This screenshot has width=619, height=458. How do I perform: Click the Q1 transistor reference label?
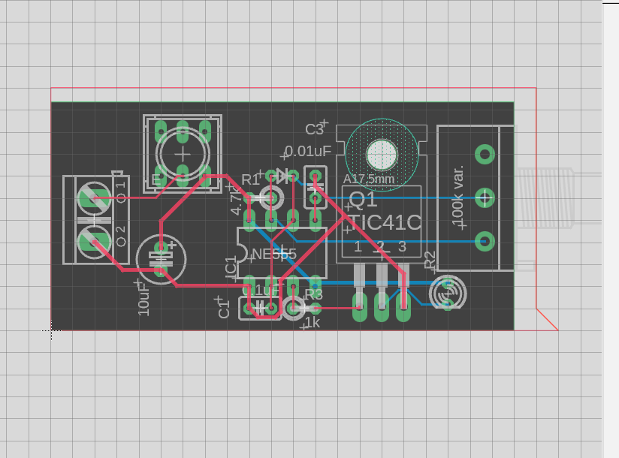point(364,200)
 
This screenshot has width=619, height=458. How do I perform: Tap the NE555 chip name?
point(274,254)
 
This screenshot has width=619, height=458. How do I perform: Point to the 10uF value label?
point(143,298)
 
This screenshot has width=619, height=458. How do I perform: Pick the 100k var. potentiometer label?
point(457,197)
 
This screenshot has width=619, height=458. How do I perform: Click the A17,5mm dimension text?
point(368,179)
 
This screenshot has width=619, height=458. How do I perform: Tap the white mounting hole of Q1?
point(382,155)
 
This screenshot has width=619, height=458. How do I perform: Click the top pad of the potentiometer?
point(486,155)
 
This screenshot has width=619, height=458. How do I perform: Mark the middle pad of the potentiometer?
point(486,197)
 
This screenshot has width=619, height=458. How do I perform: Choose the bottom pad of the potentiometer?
point(486,241)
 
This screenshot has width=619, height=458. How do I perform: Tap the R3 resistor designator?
point(314,294)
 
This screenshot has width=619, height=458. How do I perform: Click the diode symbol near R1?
point(282,176)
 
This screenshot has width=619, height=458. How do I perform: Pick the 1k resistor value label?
point(312,323)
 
